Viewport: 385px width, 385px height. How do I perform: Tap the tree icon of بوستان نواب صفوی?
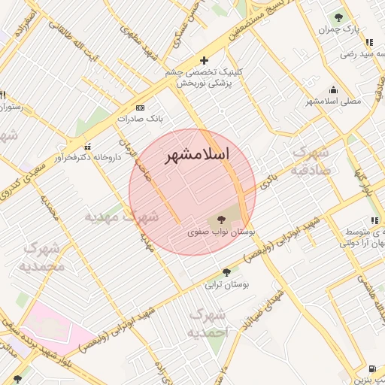pos(221,220)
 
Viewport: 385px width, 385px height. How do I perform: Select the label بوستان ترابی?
pos(227,285)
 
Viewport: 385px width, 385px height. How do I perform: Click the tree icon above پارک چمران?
pos(339,17)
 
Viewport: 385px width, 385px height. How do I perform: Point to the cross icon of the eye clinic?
pos(203,60)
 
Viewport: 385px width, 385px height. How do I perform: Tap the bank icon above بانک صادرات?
pos(140,108)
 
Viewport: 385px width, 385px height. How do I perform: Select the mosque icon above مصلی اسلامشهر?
pos(333,88)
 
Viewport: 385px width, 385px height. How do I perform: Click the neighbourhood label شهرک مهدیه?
pos(121,217)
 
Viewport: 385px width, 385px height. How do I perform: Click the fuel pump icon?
pos(373,368)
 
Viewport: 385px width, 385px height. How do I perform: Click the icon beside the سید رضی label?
pos(368,43)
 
